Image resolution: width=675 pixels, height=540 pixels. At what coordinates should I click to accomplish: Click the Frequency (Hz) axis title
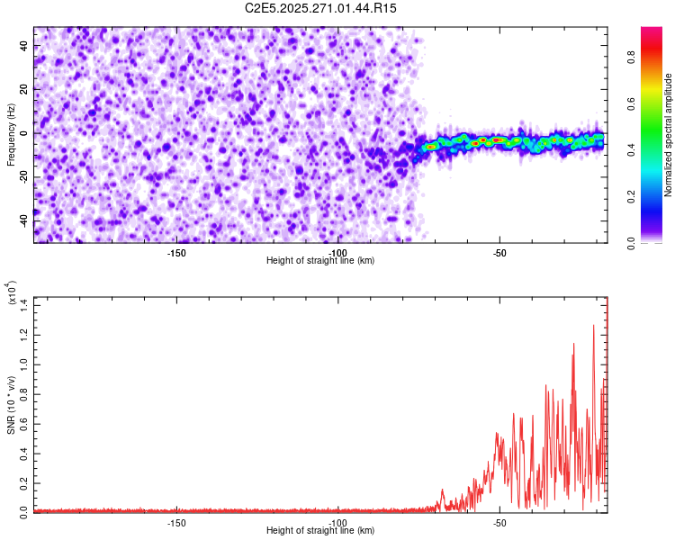11,135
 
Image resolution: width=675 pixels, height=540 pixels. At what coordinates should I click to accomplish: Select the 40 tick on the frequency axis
24,47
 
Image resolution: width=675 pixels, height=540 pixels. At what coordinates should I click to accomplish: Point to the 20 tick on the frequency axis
24,90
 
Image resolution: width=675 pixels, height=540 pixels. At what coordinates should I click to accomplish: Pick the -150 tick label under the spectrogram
176,252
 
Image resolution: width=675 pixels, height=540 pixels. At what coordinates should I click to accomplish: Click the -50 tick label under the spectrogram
500,252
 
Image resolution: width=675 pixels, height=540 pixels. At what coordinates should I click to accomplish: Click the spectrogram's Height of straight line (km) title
320,260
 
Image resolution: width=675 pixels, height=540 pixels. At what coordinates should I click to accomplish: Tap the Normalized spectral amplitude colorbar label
669,135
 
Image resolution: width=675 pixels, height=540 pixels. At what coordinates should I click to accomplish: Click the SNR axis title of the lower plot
11,405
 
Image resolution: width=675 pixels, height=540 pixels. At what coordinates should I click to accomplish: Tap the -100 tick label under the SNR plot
338,522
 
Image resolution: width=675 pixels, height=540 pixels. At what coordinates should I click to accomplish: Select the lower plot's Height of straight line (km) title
320,530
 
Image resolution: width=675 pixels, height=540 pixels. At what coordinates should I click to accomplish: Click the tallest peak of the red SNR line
593,326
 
